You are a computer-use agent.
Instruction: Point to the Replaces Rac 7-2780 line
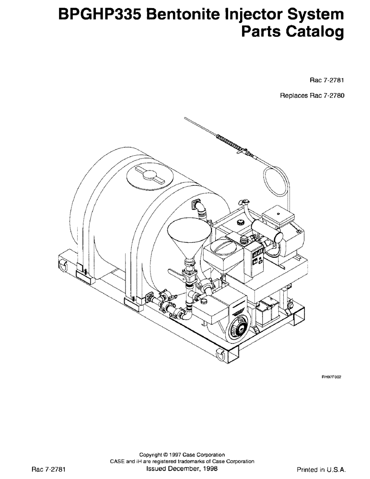tap(312, 95)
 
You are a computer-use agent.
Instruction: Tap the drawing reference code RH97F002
tap(330, 377)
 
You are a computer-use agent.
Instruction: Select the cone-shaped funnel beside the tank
tap(188, 237)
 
